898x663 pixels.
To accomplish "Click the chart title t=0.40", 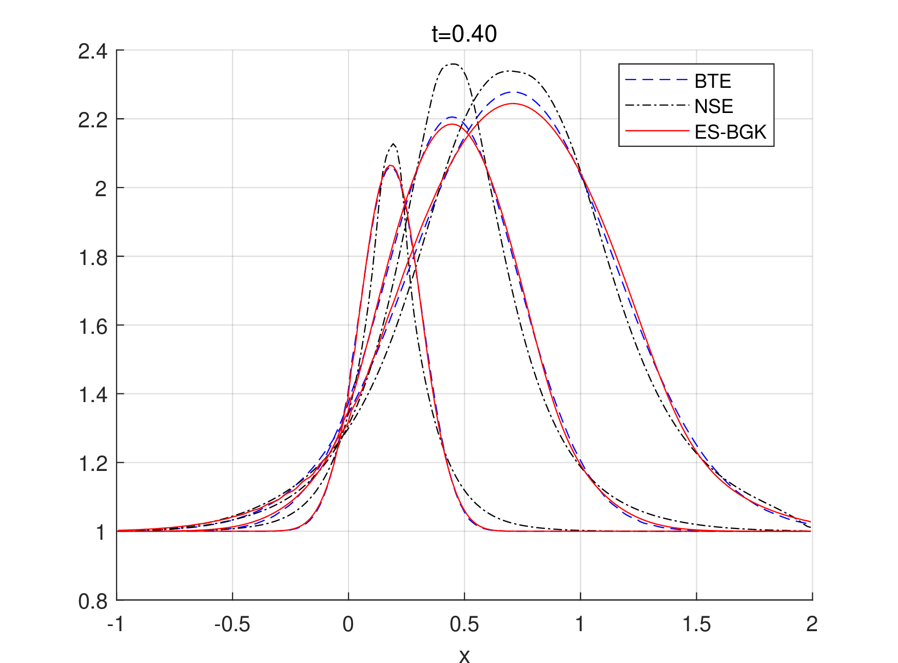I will (x=464, y=34).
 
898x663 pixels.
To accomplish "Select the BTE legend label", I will (x=713, y=81).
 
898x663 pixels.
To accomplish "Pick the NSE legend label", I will (x=713, y=106).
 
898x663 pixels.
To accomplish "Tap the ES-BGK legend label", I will (x=730, y=132).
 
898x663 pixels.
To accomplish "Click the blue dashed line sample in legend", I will (x=656, y=80).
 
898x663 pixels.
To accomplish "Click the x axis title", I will (x=464, y=656).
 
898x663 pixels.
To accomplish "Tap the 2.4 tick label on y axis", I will (x=92, y=51).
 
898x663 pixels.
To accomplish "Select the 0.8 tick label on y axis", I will (x=92, y=601).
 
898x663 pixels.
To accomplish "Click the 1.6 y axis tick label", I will (x=92, y=326).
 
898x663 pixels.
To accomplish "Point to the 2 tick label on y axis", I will (x=101, y=189).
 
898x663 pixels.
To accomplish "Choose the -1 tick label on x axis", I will (x=115, y=624).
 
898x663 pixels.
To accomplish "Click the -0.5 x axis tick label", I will (x=232, y=624).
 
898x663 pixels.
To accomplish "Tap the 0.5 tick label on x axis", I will (x=464, y=624).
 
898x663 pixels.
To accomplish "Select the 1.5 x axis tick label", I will (x=696, y=624).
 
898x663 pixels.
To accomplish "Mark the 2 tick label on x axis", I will (x=811, y=624).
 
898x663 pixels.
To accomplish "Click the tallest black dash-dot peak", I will (x=453, y=64).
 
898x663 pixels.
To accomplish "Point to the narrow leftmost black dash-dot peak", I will (x=393, y=144).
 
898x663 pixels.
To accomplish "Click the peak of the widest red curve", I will (x=513, y=104).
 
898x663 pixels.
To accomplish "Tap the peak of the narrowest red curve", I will (x=391, y=165).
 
